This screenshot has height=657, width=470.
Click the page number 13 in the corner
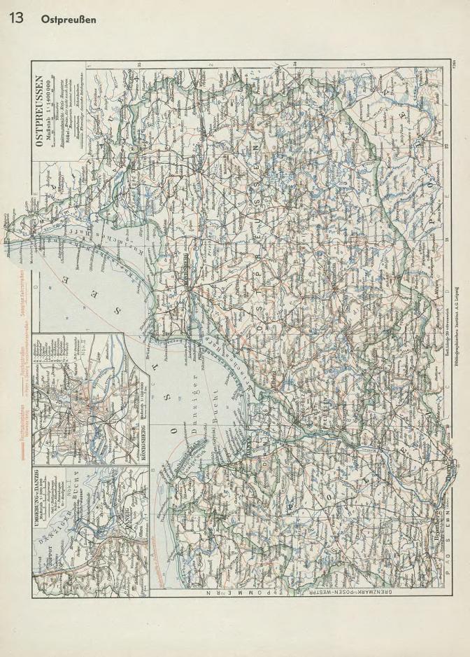15,18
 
